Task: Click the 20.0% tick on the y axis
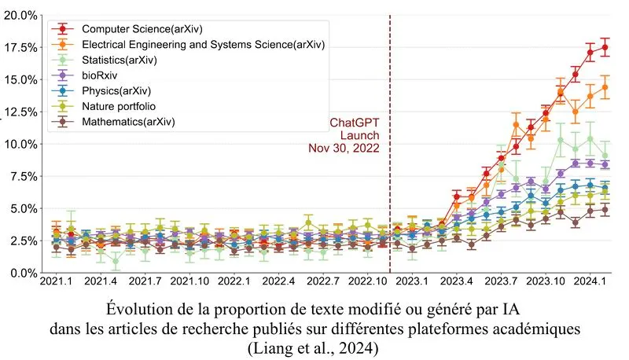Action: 19,15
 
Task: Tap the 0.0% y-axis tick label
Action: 21,273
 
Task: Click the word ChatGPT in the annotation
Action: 355,122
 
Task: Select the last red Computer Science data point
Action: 605,47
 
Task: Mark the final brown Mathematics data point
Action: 605,210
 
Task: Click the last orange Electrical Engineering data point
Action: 605,88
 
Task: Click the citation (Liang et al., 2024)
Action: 314,346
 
